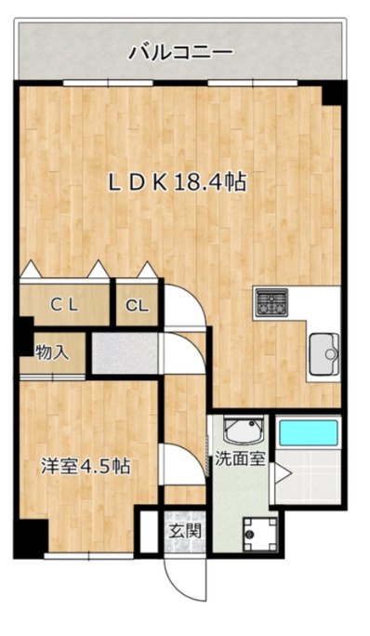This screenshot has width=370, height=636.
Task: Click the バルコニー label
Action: pos(180,52)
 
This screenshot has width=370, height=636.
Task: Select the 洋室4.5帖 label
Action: pos(85,467)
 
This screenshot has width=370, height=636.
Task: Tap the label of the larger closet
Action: pos(63,303)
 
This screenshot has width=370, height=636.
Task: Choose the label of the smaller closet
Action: pos(137,304)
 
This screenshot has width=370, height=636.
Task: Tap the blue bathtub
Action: pos(308,433)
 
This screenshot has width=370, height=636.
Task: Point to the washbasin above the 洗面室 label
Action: pos(244,431)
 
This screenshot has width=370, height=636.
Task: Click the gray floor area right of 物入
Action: pos(126,351)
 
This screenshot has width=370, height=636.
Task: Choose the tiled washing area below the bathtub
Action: pos(309,477)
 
